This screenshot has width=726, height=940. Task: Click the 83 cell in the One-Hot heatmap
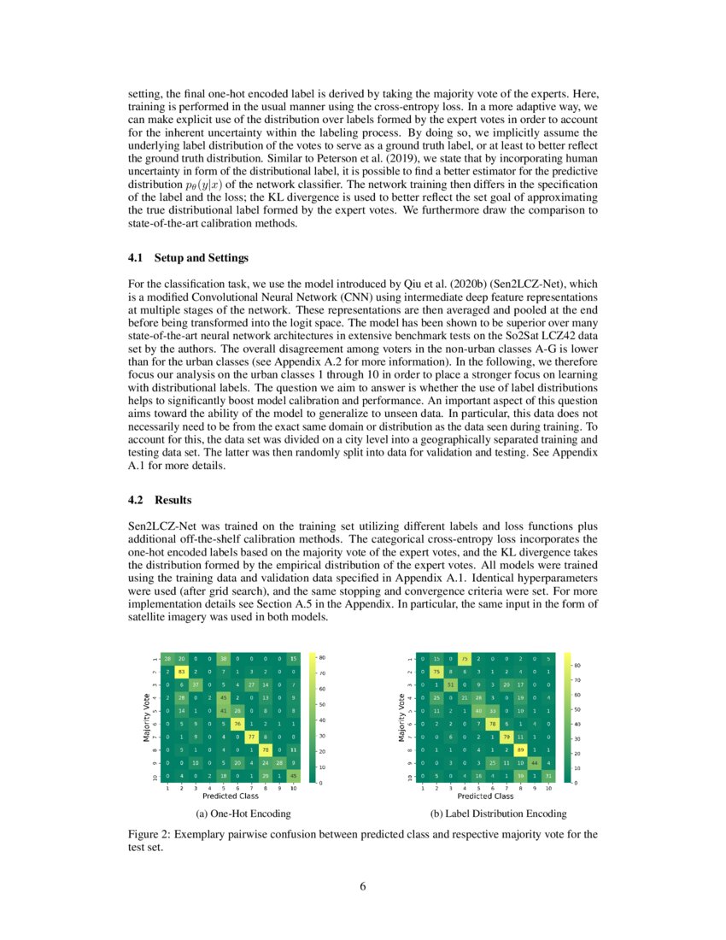181,673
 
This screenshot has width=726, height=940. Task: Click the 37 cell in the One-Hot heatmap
195,685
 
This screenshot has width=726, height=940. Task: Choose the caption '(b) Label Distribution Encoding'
499,813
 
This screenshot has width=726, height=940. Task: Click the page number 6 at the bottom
363,886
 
